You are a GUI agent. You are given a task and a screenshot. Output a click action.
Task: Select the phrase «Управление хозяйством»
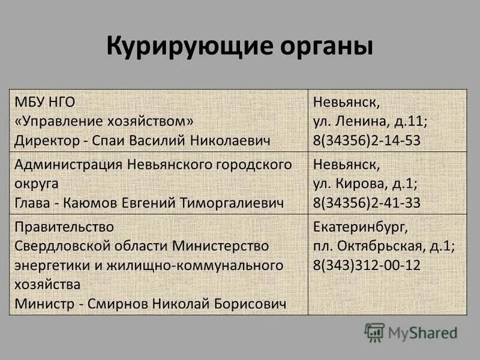coord(104,121)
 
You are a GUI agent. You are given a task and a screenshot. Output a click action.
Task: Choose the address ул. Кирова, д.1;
coord(366,183)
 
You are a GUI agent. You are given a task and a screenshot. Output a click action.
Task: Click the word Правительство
coord(64,227)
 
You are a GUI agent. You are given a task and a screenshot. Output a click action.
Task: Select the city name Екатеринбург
coord(361,227)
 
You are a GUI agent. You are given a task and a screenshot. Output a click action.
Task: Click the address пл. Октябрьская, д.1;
coord(384,246)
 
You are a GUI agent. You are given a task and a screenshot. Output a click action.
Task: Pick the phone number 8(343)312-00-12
coord(367,265)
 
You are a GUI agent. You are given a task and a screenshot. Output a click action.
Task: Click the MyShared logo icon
coord(374,332)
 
